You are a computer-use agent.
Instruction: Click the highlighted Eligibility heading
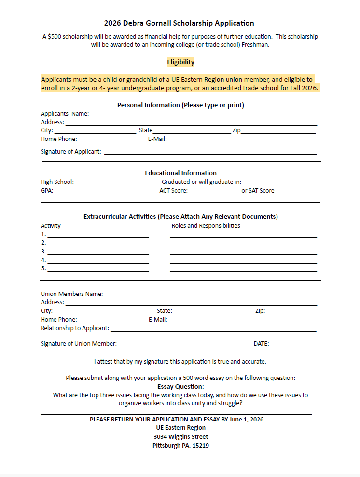pyautogui.click(x=180, y=62)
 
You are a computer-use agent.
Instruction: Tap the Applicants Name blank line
pyautogui.click(x=205, y=115)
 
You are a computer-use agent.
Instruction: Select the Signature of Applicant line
pyautogui.click(x=210, y=153)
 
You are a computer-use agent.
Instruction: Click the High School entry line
pyautogui.click(x=117, y=183)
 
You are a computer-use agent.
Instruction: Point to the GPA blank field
pyautogui.click(x=106, y=192)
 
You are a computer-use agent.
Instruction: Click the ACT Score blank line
pyautogui.click(x=215, y=192)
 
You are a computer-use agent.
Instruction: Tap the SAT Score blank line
pyautogui.click(x=294, y=192)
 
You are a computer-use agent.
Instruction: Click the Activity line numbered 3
pyautogui.click(x=98, y=253)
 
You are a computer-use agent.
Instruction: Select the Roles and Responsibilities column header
pyautogui.click(x=206, y=225)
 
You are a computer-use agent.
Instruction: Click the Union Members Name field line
pyautogui.click(x=210, y=295)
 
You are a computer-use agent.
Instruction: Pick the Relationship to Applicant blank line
pyautogui.click(x=213, y=330)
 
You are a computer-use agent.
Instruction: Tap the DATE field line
pyautogui.click(x=292, y=345)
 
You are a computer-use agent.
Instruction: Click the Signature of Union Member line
pyautogui.click(x=185, y=345)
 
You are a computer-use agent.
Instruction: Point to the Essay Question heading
pyautogui.click(x=180, y=386)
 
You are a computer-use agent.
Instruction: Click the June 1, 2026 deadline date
pyautogui.click(x=244, y=419)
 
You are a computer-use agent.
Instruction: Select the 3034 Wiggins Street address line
pyautogui.click(x=180, y=436)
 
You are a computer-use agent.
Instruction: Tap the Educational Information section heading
pyautogui.click(x=180, y=173)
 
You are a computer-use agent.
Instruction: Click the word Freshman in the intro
pyautogui.click(x=254, y=44)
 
